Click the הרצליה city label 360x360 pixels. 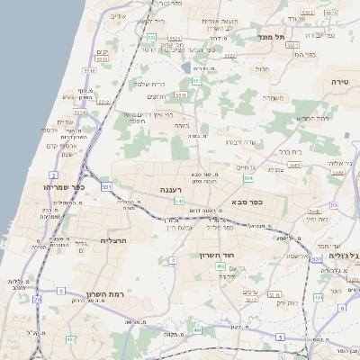[x=116, y=240]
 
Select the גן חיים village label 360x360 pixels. [x=244, y=166]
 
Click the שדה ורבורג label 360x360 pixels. [x=240, y=141]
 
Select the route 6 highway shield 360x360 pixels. [x=342, y=308]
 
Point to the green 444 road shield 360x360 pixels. [x=318, y=296]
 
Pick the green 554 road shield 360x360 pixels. [x=247, y=178]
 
